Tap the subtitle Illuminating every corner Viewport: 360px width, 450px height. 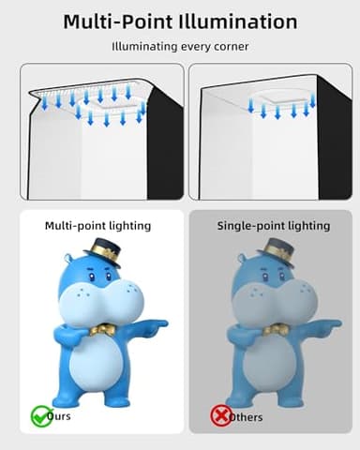pos(179,46)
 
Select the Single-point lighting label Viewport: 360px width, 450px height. pos(274,226)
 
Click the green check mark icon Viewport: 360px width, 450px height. pos(41,415)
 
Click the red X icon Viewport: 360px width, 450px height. pos(221,415)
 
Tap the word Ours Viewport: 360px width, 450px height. pos(58,416)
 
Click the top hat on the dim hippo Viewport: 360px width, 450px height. pos(276,251)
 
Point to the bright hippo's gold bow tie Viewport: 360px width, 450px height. pos(103,330)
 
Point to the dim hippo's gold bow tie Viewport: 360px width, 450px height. pos(276,330)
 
